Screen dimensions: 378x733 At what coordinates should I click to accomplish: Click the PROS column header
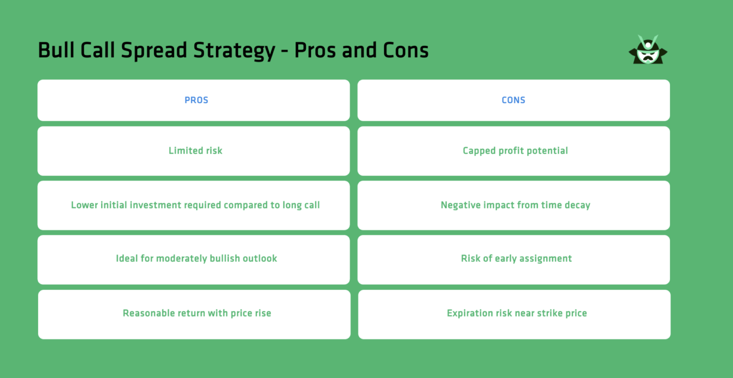196,100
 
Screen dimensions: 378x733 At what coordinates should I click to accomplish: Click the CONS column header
513,100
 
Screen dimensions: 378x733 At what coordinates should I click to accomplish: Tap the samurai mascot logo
648,50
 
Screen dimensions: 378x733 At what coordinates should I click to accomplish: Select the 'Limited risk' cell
195,151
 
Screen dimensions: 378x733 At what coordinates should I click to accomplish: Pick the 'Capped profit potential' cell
515,151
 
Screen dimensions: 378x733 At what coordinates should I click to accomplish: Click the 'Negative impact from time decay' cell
515,205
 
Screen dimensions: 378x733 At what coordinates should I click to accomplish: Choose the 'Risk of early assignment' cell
516,259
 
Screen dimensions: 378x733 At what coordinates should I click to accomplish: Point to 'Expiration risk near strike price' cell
516,314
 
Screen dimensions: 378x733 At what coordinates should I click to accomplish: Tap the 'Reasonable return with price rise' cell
197,314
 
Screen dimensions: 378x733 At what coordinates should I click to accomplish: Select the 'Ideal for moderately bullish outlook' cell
196,259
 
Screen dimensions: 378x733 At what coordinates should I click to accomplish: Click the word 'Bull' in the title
56,50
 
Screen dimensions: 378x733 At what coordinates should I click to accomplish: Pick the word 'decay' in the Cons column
577,205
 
